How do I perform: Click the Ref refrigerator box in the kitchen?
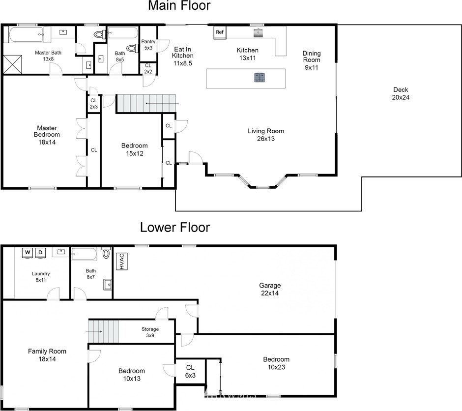[220, 32]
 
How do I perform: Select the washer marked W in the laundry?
[28, 253]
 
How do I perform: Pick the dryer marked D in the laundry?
[40, 253]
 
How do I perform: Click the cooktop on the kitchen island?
[260, 78]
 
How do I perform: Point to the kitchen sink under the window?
[258, 32]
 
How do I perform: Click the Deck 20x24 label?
[401, 94]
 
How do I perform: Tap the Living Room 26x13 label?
[266, 135]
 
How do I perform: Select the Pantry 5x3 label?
[148, 44]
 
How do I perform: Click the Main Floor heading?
[179, 5]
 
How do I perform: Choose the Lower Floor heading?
[175, 228]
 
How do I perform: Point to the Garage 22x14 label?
[270, 289]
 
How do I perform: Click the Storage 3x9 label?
[150, 332]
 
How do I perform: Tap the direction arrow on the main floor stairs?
[162, 103]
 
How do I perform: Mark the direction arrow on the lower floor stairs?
[94, 331]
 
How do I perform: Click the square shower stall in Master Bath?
[12, 64]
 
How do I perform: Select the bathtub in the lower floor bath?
[84, 254]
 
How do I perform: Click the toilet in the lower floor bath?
[106, 253]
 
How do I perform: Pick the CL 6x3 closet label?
[190, 371]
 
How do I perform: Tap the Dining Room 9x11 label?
[312, 60]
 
